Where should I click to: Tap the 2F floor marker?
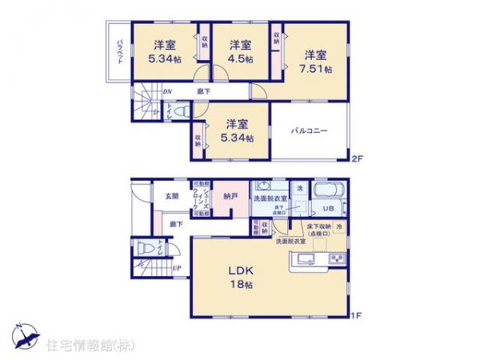coord(357,159)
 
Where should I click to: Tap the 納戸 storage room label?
coord(230,194)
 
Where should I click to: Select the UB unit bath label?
coord(327,209)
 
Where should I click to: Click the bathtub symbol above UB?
coord(327,193)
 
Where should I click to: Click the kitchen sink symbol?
coord(304,258)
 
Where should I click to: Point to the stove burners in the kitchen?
coord(335,258)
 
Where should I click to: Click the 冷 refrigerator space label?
coord(339,226)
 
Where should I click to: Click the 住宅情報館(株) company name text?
coord(79,345)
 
